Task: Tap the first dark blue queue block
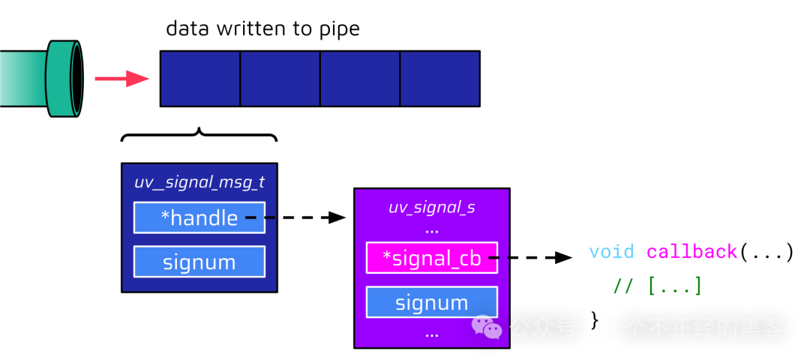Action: (200, 79)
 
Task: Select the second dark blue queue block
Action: (280, 79)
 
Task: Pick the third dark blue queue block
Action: (360, 79)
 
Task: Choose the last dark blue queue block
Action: (439, 79)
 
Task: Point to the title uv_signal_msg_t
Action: (199, 182)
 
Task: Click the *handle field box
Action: (199, 217)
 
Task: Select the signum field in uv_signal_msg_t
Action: (199, 262)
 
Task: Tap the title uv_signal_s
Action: (431, 207)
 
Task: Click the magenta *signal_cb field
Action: (431, 258)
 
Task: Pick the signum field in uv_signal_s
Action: (431, 302)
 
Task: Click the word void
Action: (610, 252)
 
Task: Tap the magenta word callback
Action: (691, 252)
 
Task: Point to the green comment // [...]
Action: (657, 286)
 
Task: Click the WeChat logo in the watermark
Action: (486, 328)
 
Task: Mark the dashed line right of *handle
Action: (260, 217)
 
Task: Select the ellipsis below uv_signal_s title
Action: (431, 230)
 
